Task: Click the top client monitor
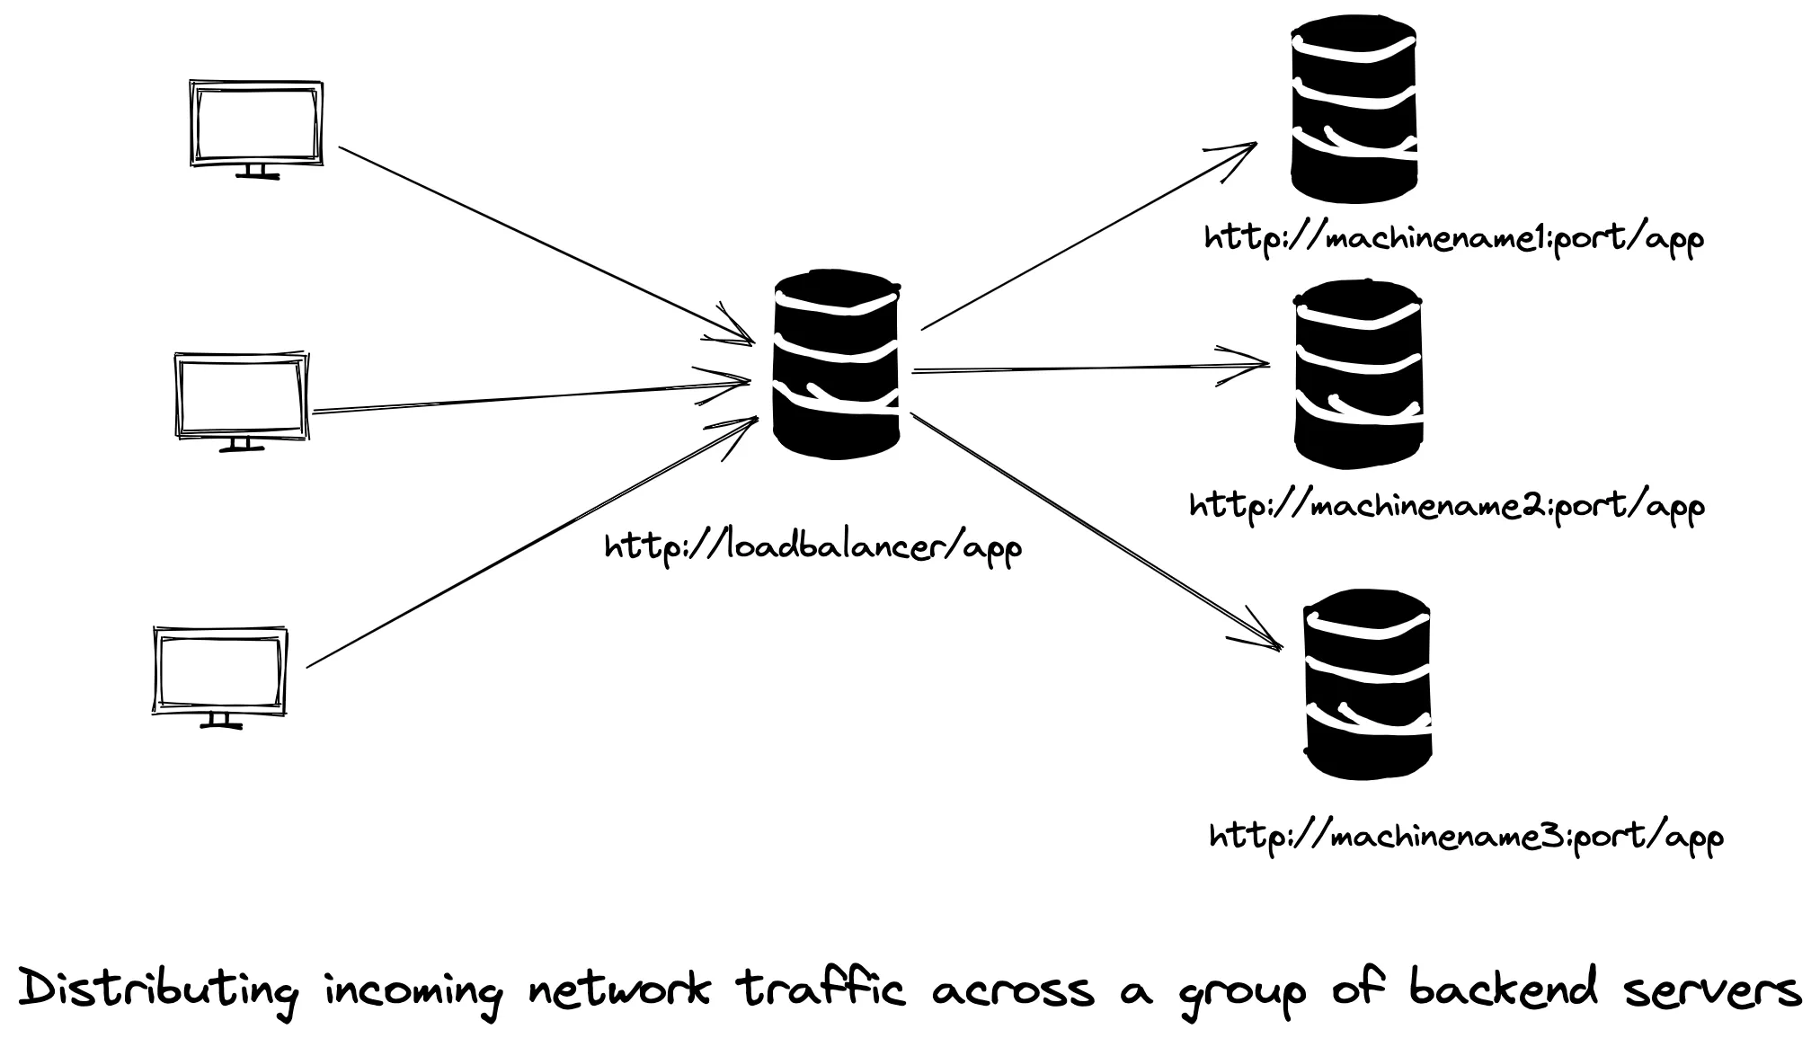[x=256, y=127]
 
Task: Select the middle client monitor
[x=241, y=399]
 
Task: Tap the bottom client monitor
[x=219, y=675]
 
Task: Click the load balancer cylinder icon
[x=837, y=364]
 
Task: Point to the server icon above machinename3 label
[x=1367, y=684]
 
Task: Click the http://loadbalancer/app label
[x=812, y=547]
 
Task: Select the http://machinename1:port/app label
[x=1453, y=239]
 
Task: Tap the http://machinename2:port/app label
[x=1446, y=506]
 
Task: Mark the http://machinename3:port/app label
[x=1466, y=837]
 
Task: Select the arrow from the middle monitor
[x=530, y=397]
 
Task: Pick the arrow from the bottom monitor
[x=530, y=545]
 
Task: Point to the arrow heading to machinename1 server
[x=1088, y=236]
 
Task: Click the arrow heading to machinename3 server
[x=1096, y=530]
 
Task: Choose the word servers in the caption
[x=1713, y=989]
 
